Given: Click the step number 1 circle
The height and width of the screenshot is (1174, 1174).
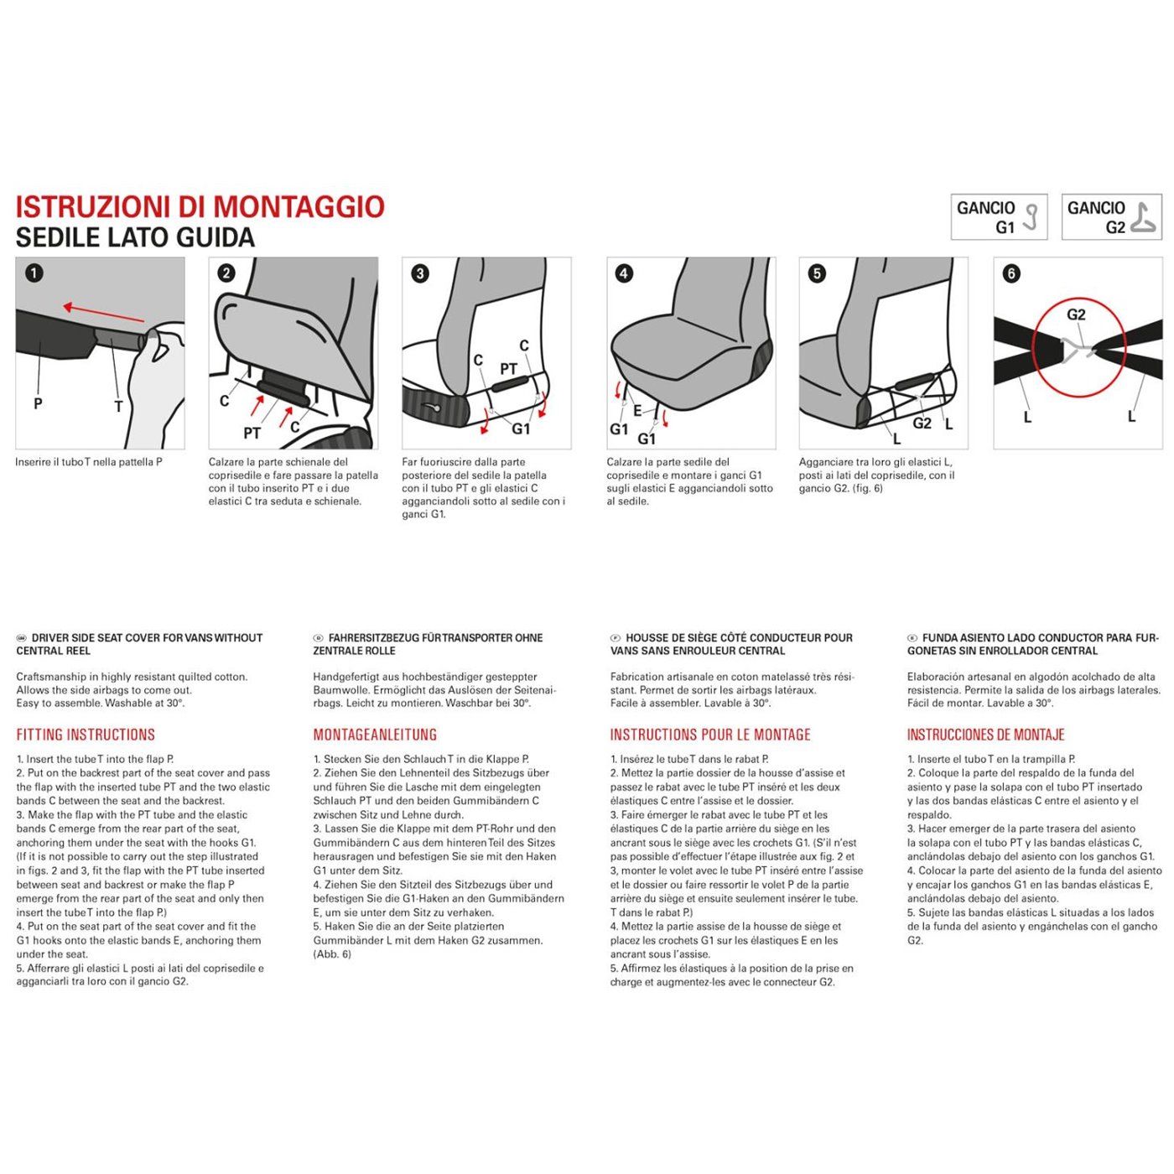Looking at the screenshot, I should click(34, 273).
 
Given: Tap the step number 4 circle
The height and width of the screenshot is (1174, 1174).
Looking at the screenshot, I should click(624, 273).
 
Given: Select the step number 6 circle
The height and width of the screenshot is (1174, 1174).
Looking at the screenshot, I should click(1011, 273).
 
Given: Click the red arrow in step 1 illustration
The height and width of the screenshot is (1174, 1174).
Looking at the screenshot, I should click(103, 313).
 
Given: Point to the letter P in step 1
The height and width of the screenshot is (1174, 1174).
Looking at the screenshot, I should click(38, 403).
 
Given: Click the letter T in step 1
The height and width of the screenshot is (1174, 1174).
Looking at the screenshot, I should click(118, 407).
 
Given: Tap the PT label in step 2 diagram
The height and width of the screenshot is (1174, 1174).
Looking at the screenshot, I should click(252, 433).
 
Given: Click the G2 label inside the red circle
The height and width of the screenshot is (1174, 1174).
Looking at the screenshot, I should click(1076, 314).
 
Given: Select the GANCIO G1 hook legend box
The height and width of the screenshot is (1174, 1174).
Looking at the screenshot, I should click(998, 217).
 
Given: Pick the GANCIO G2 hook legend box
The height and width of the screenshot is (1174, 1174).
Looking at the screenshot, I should click(1111, 217).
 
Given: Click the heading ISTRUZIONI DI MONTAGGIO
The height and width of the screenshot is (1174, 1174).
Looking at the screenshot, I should click(200, 207).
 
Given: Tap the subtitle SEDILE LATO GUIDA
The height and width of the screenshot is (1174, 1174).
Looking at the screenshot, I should click(135, 238).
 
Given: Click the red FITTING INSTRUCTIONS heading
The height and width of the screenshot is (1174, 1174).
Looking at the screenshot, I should click(86, 735).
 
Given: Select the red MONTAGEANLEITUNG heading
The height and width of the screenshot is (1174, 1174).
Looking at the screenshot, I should click(375, 735).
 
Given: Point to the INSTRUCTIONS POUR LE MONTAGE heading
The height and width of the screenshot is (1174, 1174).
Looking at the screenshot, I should click(710, 735).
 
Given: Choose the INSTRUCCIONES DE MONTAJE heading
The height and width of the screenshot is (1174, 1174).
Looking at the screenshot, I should click(985, 735).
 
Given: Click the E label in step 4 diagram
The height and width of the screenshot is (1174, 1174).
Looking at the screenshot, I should click(637, 410).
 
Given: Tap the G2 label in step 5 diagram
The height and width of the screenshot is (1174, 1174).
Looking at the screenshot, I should click(922, 423).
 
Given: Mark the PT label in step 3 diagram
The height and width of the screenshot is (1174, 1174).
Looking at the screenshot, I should click(508, 369).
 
